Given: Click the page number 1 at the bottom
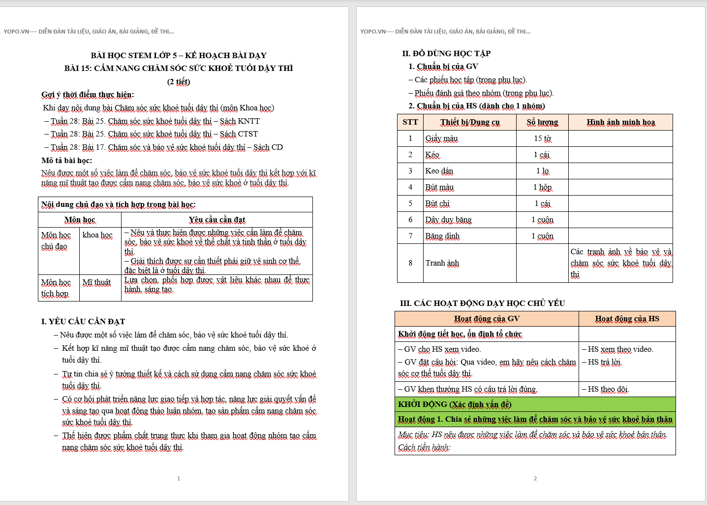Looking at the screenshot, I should click(x=179, y=478).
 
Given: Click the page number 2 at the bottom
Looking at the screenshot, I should click(x=535, y=478).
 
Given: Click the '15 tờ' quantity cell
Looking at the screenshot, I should click(x=542, y=138).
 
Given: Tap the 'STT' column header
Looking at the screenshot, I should click(x=410, y=122).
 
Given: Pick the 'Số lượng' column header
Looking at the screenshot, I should click(x=542, y=122).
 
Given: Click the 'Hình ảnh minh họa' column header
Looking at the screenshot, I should click(x=620, y=122).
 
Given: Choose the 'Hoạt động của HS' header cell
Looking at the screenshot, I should click(x=627, y=319).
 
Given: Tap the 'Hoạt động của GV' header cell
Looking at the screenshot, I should click(x=486, y=319).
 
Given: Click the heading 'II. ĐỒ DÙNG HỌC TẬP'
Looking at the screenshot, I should click(x=446, y=53).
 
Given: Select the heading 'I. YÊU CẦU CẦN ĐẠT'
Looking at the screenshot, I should click(x=83, y=321).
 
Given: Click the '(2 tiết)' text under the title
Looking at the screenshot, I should click(x=178, y=81).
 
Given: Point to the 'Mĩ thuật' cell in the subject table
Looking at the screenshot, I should click(x=96, y=282).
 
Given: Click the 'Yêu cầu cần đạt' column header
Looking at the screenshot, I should click(x=216, y=220).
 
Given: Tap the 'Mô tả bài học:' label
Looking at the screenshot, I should click(x=66, y=160).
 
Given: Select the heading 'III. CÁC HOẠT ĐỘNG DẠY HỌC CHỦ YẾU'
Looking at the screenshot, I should click(x=482, y=303).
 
